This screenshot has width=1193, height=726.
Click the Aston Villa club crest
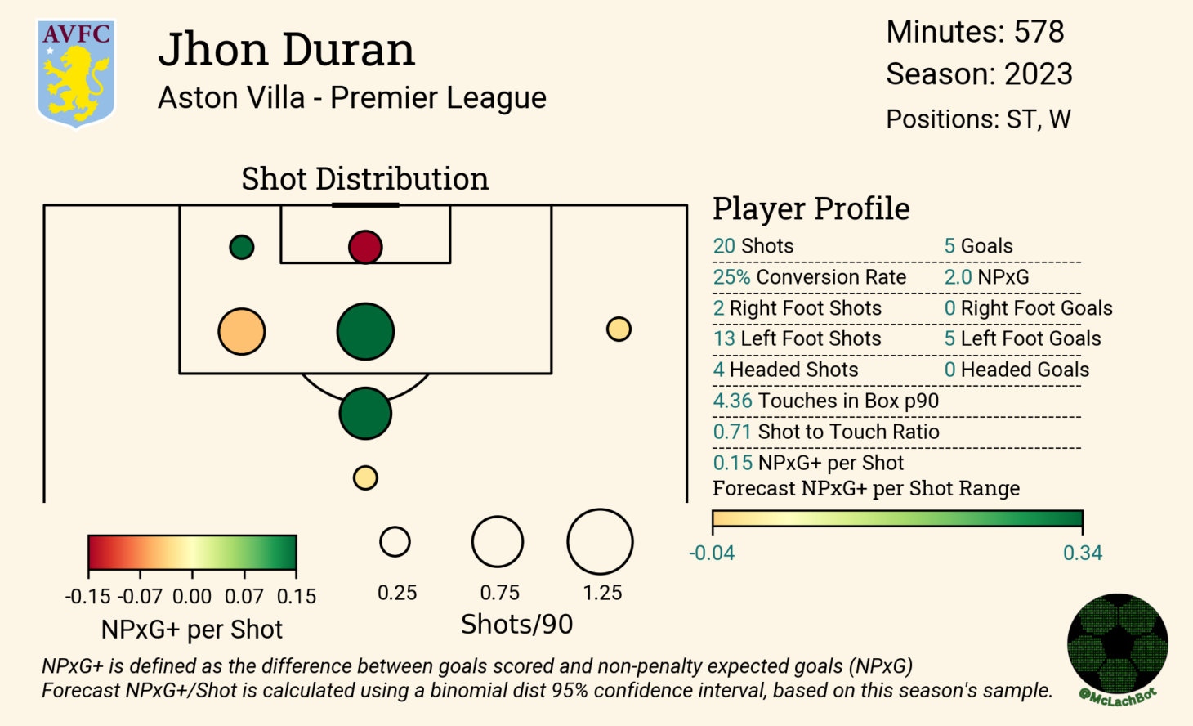[x=76, y=74]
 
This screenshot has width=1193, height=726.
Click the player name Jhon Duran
[x=286, y=49]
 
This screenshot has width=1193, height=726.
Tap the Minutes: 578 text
[x=975, y=32]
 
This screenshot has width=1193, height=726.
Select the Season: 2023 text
[x=979, y=74]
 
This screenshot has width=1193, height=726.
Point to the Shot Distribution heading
[x=364, y=178]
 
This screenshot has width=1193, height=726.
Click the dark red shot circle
[x=365, y=247]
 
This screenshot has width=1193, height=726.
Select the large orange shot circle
[x=242, y=332]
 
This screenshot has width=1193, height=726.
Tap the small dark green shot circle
[x=242, y=247]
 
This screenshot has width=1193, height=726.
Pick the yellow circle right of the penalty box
[x=619, y=329]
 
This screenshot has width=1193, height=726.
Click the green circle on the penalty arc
[x=365, y=414]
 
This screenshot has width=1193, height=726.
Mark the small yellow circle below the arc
[x=365, y=477]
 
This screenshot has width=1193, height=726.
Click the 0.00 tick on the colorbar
[x=192, y=596]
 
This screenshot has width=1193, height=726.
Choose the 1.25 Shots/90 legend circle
[x=600, y=542]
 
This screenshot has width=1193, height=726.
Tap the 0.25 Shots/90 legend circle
[x=395, y=541]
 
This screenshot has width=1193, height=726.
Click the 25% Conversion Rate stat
[x=809, y=277]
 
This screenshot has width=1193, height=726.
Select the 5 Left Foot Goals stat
[x=1022, y=338]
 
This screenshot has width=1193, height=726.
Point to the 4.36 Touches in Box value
[x=732, y=401]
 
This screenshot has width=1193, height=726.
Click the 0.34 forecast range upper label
[x=1082, y=553]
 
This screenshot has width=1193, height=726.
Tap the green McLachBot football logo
[x=1117, y=644]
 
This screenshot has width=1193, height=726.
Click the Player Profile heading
[x=811, y=208]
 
